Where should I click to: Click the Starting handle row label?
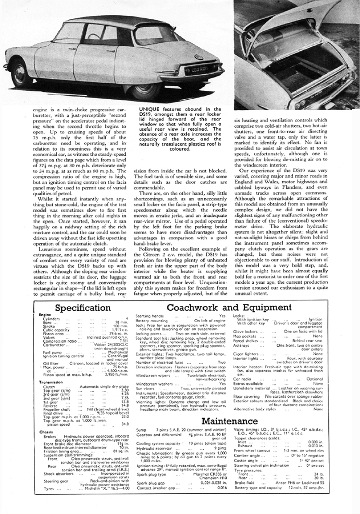tap(149, 317)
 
